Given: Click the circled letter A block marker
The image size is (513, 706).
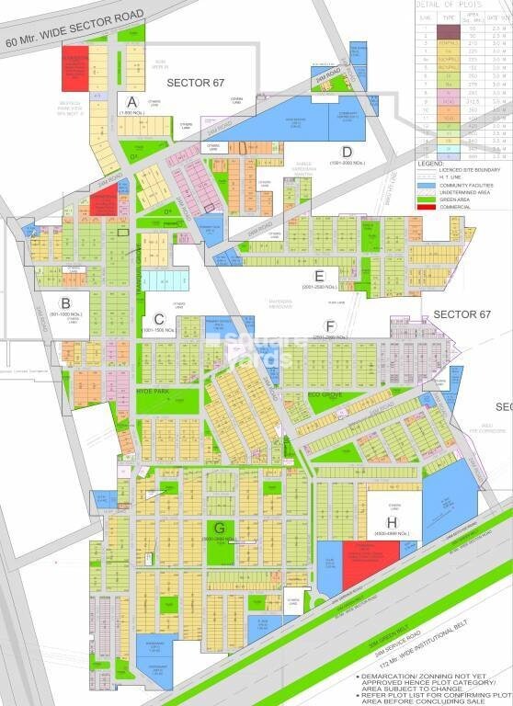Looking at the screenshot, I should click(132, 101).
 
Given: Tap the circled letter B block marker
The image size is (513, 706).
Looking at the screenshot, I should click(65, 303).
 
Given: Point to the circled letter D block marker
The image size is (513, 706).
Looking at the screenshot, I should click(347, 152).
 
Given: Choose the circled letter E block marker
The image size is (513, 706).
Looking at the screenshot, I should click(319, 274).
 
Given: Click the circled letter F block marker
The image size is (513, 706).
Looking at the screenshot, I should click(329, 326).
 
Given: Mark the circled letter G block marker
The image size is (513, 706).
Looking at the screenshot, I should click(221, 527).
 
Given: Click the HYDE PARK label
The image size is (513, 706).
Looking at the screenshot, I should click(154, 391).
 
